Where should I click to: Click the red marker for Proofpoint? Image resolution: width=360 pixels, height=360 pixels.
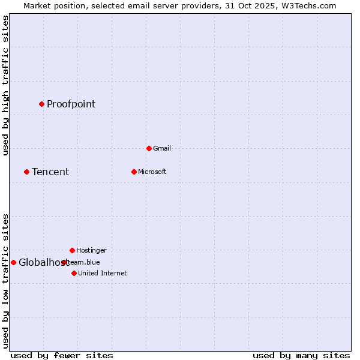click(41, 104)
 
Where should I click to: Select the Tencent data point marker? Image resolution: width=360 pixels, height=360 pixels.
click(26, 172)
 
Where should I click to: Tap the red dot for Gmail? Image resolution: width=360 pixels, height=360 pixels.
click(149, 148)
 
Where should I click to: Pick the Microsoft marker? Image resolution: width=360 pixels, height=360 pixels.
click(134, 172)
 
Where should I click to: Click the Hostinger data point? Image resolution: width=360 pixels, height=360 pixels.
click(72, 250)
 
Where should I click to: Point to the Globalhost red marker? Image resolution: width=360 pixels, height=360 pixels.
click(13, 262)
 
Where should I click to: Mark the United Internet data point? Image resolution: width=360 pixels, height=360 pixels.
click(74, 273)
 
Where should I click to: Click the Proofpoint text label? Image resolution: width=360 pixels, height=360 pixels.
click(71, 104)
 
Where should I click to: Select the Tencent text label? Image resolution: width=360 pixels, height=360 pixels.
click(50, 172)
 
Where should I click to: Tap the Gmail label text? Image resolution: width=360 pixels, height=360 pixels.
click(162, 148)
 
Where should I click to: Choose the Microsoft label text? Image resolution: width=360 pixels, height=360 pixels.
click(152, 172)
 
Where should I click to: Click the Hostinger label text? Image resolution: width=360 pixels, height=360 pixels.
click(91, 250)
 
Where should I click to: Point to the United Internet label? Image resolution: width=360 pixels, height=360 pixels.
click(102, 273)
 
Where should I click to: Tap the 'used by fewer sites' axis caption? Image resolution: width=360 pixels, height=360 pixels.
click(62, 355)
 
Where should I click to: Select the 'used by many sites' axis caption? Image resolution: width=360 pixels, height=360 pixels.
click(301, 355)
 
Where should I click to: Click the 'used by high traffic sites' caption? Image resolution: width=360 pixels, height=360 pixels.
click(5, 86)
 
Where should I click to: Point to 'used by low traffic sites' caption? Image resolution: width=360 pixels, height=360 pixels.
click(5, 280)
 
